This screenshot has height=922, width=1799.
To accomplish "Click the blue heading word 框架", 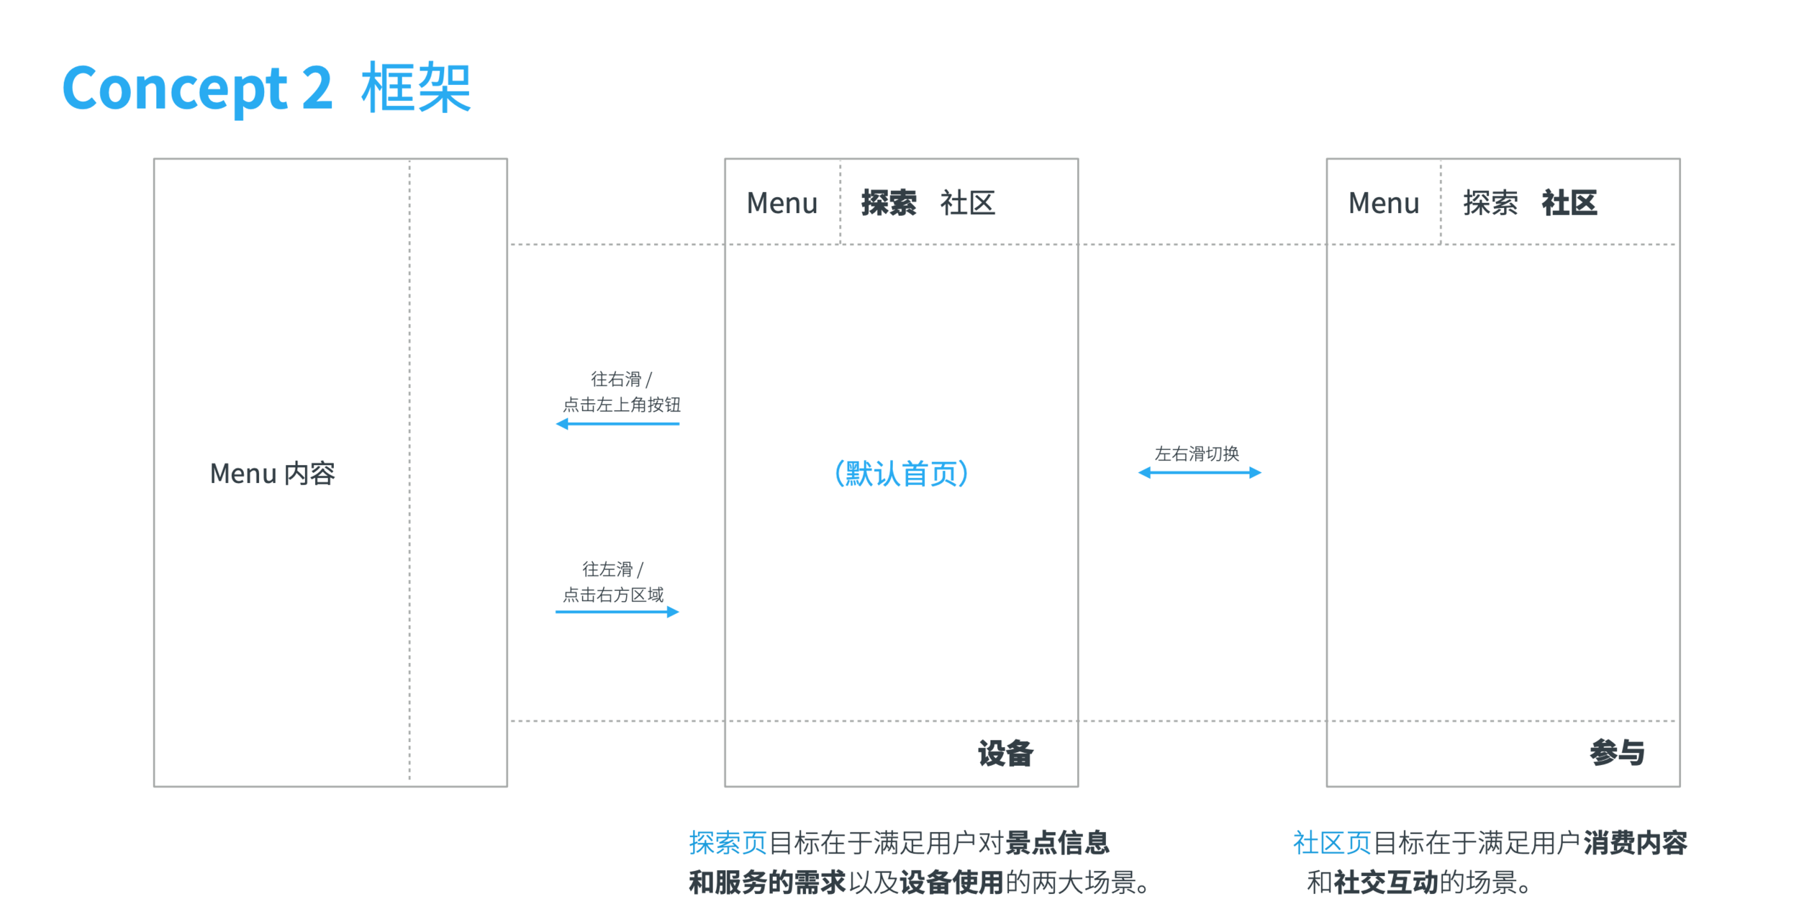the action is click(x=416, y=88).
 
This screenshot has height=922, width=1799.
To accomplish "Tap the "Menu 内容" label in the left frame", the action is click(x=272, y=474).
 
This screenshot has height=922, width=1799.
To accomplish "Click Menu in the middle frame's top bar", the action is click(x=782, y=203).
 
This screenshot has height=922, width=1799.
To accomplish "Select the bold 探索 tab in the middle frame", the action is click(x=889, y=203).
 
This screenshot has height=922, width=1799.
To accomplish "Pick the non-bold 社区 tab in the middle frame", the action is click(x=967, y=203).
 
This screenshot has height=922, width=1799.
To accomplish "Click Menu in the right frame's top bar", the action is click(x=1384, y=203).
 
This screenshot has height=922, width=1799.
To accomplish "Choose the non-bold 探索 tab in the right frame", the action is click(x=1490, y=203).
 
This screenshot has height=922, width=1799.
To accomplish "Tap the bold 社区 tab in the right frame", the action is click(x=1569, y=203).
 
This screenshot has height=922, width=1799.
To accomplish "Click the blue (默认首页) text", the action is click(x=902, y=474).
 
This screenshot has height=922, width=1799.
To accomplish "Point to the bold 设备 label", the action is click(x=1005, y=754).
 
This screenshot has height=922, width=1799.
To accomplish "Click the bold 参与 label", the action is click(x=1617, y=753).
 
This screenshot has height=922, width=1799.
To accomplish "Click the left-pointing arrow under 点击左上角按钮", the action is click(x=617, y=424).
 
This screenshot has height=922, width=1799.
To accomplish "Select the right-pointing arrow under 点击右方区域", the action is click(x=617, y=612).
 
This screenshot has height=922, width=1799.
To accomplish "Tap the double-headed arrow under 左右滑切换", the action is click(x=1200, y=473).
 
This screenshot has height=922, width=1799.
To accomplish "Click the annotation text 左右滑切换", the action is click(x=1197, y=453).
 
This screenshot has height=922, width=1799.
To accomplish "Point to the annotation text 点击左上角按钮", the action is click(x=621, y=404).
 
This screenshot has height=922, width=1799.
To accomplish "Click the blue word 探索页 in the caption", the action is click(x=728, y=843).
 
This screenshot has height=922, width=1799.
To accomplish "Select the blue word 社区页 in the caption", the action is click(x=1332, y=843).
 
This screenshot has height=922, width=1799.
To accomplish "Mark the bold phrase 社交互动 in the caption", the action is click(x=1386, y=882).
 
